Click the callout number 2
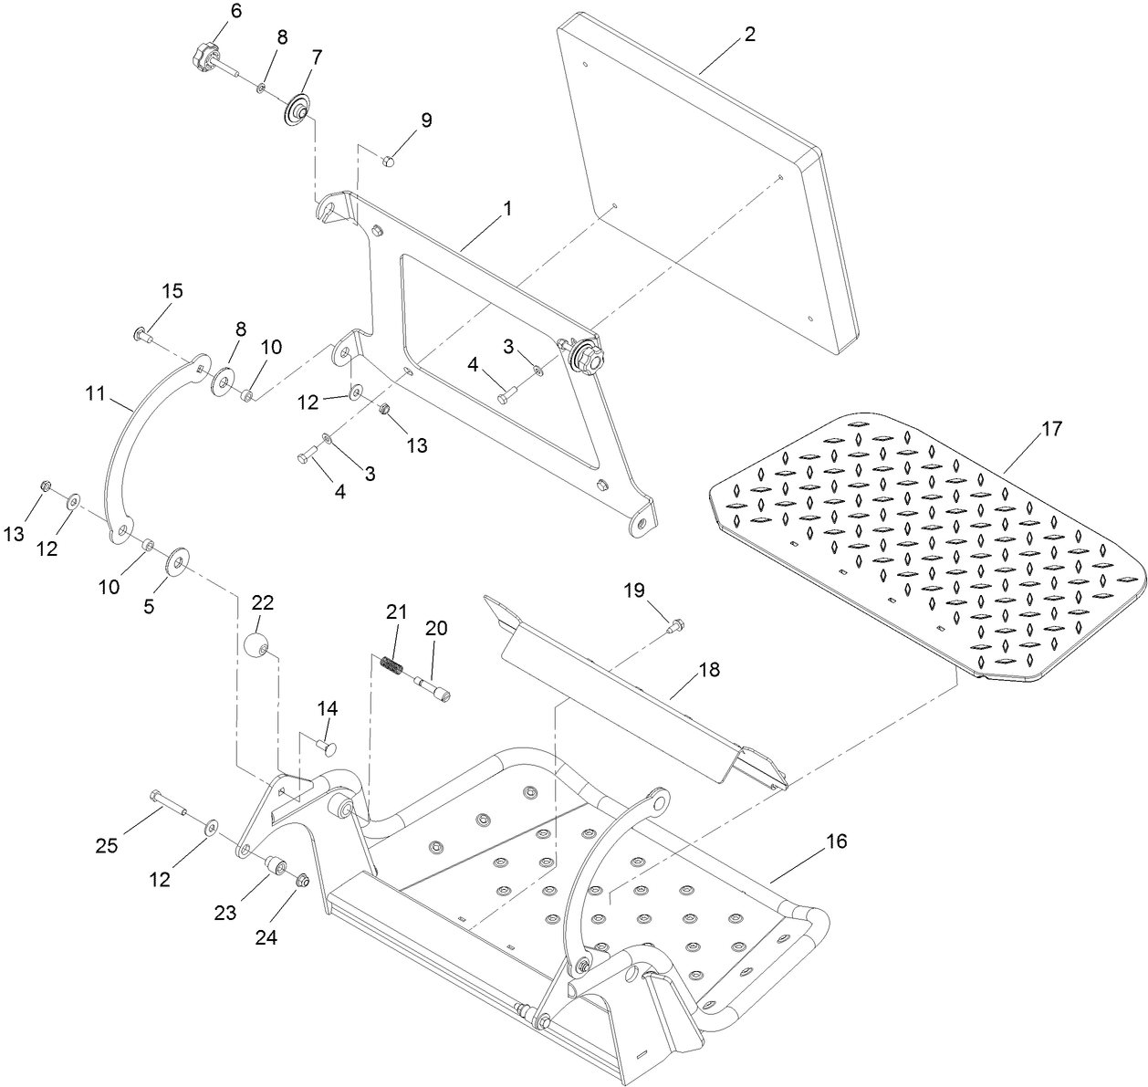coord(749,35)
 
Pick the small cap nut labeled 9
coord(387,162)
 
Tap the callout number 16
coord(836,841)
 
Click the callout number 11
coord(96,394)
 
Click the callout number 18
coord(709,670)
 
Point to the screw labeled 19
coord(676,625)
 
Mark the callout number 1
coord(506,208)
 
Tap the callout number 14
coord(328,708)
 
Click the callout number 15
coord(172,291)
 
